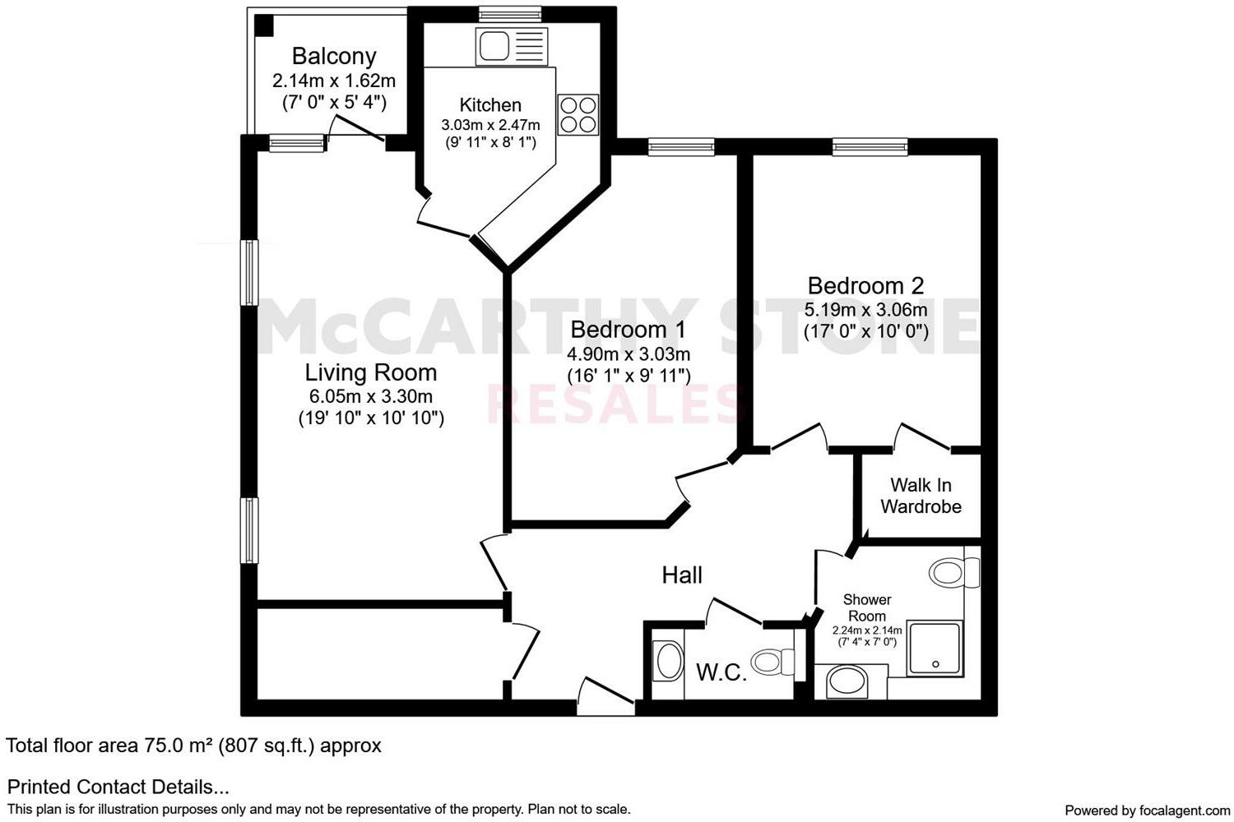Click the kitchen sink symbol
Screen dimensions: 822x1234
pos(511,46)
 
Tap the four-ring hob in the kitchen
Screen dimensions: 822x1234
pos(578,115)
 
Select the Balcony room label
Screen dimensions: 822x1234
pos(334,56)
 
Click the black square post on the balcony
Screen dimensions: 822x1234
pos(263,25)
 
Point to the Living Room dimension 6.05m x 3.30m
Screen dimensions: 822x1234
pos(371,396)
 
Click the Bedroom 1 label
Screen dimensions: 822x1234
pos(629,330)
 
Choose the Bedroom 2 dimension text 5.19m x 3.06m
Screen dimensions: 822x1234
pos(865,310)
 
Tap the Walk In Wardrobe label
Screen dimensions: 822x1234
pos(921,496)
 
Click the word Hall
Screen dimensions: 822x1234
pos(682,575)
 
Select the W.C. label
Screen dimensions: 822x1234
pos(721,672)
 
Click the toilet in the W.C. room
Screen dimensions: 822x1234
pos(773,661)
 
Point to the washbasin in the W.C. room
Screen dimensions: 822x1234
pos(667,661)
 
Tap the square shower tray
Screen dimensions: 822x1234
pos(935,649)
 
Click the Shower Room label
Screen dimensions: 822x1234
pos(866,607)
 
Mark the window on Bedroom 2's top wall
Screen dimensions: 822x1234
pos(870,147)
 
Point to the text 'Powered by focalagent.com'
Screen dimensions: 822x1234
pos(1147,810)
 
